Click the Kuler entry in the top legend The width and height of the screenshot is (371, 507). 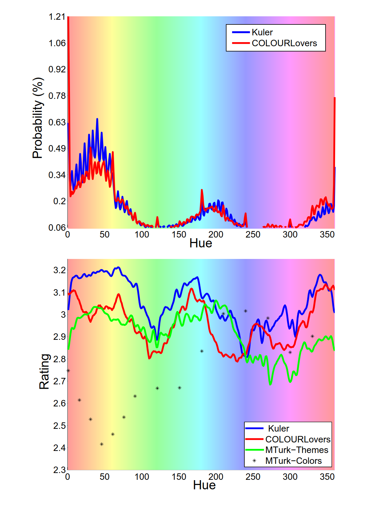[x=262, y=32]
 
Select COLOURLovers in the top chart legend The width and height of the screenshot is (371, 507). [x=284, y=43]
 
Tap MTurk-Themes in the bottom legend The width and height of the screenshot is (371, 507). [x=297, y=450]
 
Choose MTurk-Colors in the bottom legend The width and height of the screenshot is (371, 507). [x=293, y=461]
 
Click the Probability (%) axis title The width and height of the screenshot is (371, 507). [x=38, y=118]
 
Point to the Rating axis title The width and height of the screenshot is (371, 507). [x=44, y=371]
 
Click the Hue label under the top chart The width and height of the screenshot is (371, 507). [x=201, y=243]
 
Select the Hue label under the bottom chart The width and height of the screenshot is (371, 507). [x=204, y=485]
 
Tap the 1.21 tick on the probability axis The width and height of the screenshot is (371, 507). [x=57, y=17]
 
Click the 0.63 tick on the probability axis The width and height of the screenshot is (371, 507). [x=57, y=122]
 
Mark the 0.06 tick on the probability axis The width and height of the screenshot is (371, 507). [x=57, y=227]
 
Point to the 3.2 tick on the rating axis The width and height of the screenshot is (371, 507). [x=59, y=270]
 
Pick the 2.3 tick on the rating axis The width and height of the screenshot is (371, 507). [x=59, y=470]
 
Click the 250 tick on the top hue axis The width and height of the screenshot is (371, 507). [x=253, y=234]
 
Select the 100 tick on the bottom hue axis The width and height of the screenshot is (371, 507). [x=142, y=477]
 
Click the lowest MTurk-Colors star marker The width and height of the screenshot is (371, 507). [x=101, y=444]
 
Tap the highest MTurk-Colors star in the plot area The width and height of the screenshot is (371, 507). [x=245, y=311]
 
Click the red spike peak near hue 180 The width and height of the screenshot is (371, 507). [x=202, y=190]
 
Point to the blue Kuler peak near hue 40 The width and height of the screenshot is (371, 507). [x=97, y=119]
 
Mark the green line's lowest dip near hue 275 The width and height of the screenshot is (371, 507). [x=270, y=384]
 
